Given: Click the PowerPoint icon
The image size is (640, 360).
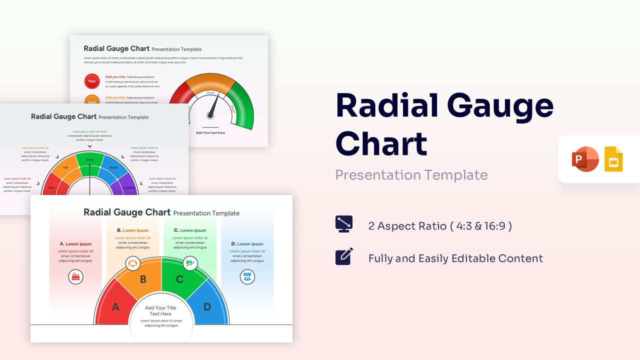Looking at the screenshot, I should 585,159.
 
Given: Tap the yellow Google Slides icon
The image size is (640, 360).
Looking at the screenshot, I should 613,159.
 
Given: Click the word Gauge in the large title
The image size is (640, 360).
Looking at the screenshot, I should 500,106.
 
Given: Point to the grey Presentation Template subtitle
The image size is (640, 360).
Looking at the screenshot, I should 411,175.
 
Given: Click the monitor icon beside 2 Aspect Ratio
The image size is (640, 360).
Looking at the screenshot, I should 344,224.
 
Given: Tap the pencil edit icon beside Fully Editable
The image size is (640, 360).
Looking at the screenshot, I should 344,256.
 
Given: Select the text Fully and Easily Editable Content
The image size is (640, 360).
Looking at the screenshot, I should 455,258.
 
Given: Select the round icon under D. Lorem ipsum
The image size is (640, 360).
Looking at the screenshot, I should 247,276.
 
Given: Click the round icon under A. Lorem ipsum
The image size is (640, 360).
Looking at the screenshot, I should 75,276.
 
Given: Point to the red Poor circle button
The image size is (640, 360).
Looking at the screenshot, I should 92,81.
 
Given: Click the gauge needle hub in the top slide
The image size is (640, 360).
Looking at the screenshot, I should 210,115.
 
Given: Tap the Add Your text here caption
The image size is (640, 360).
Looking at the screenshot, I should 210,133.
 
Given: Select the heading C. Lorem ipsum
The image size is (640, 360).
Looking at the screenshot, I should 190,230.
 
